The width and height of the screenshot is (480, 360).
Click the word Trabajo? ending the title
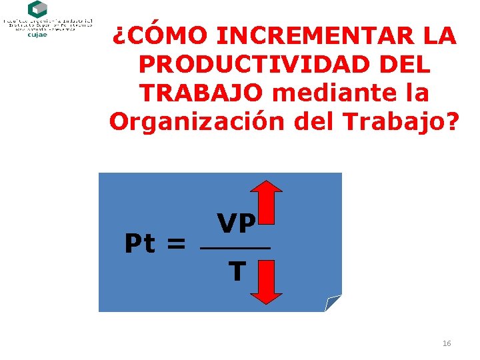(x=409, y=121)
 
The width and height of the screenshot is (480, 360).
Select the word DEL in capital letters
(x=405, y=64)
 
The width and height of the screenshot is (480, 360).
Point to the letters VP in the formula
(x=236, y=224)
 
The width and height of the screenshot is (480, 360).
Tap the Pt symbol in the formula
(x=141, y=244)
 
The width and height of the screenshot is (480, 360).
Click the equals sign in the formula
(x=176, y=245)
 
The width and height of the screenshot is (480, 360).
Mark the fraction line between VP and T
(x=236, y=249)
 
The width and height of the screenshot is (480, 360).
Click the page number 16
(x=446, y=343)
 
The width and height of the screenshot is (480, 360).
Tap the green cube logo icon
(x=37, y=9)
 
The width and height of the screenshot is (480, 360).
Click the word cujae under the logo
(x=37, y=35)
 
